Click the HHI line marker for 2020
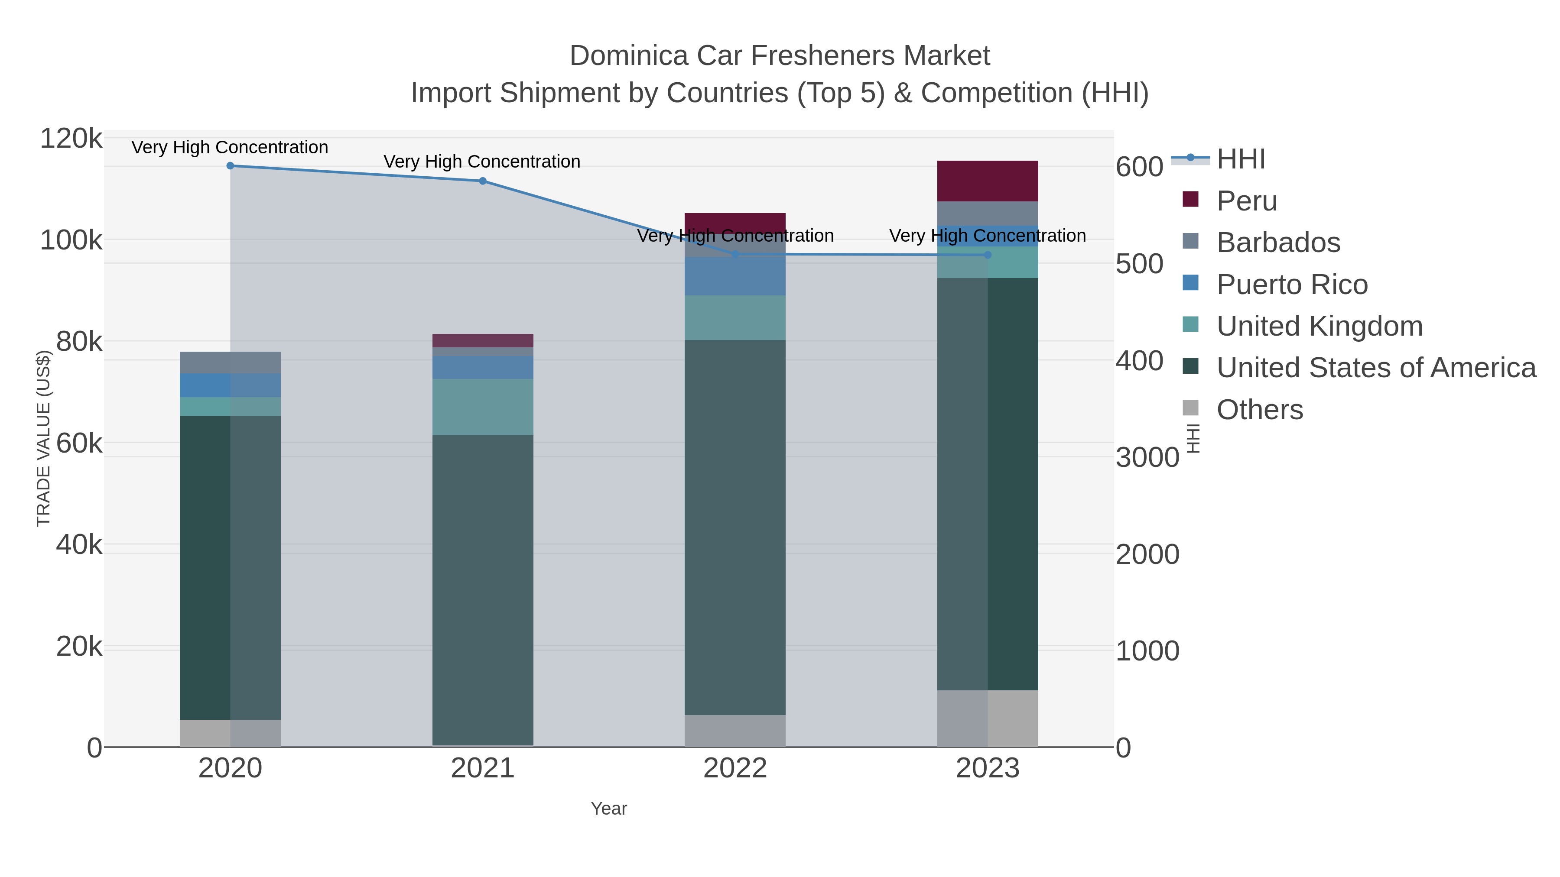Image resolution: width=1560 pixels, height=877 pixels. point(230,166)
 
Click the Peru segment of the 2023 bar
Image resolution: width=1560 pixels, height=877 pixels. point(988,181)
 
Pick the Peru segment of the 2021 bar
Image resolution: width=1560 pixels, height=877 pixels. point(483,340)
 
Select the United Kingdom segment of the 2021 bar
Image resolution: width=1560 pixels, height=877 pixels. point(483,407)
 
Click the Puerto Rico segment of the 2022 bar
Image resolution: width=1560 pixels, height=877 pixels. point(735,276)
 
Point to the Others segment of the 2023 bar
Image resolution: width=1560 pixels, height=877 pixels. point(988,718)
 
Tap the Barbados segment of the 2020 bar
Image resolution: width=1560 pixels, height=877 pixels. point(230,362)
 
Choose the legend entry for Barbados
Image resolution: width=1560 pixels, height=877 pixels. point(1278,243)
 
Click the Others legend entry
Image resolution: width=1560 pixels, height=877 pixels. point(1260,410)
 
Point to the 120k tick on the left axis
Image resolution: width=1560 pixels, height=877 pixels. point(71,139)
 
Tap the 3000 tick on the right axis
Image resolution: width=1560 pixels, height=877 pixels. point(1147,458)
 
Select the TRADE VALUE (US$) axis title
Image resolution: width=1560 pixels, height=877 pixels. point(44,438)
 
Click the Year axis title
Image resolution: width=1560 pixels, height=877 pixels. point(609,809)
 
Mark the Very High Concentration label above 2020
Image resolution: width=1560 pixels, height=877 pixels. point(230,148)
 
